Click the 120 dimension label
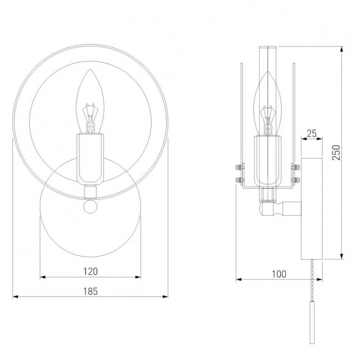point(90,271)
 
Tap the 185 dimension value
point(90,292)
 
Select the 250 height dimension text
point(336,152)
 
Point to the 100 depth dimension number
point(279,274)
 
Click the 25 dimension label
point(312,133)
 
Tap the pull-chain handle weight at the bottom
point(312,322)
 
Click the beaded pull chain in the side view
point(312,280)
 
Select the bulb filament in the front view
point(90,118)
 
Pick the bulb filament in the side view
point(268,120)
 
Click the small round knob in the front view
point(90,207)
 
